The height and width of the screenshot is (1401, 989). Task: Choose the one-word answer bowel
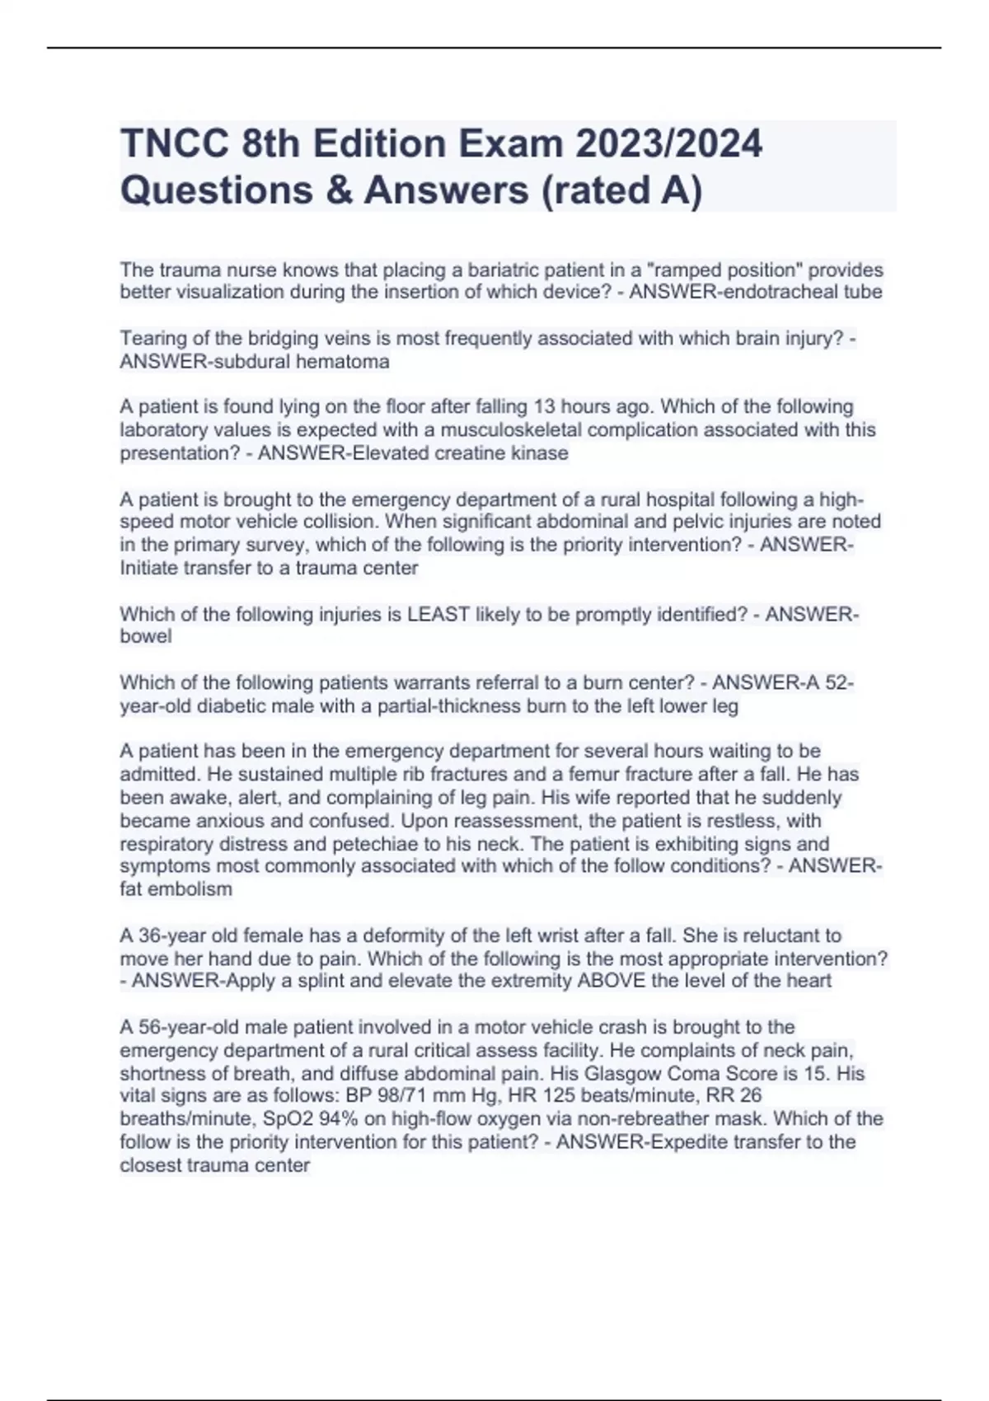pos(146,636)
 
